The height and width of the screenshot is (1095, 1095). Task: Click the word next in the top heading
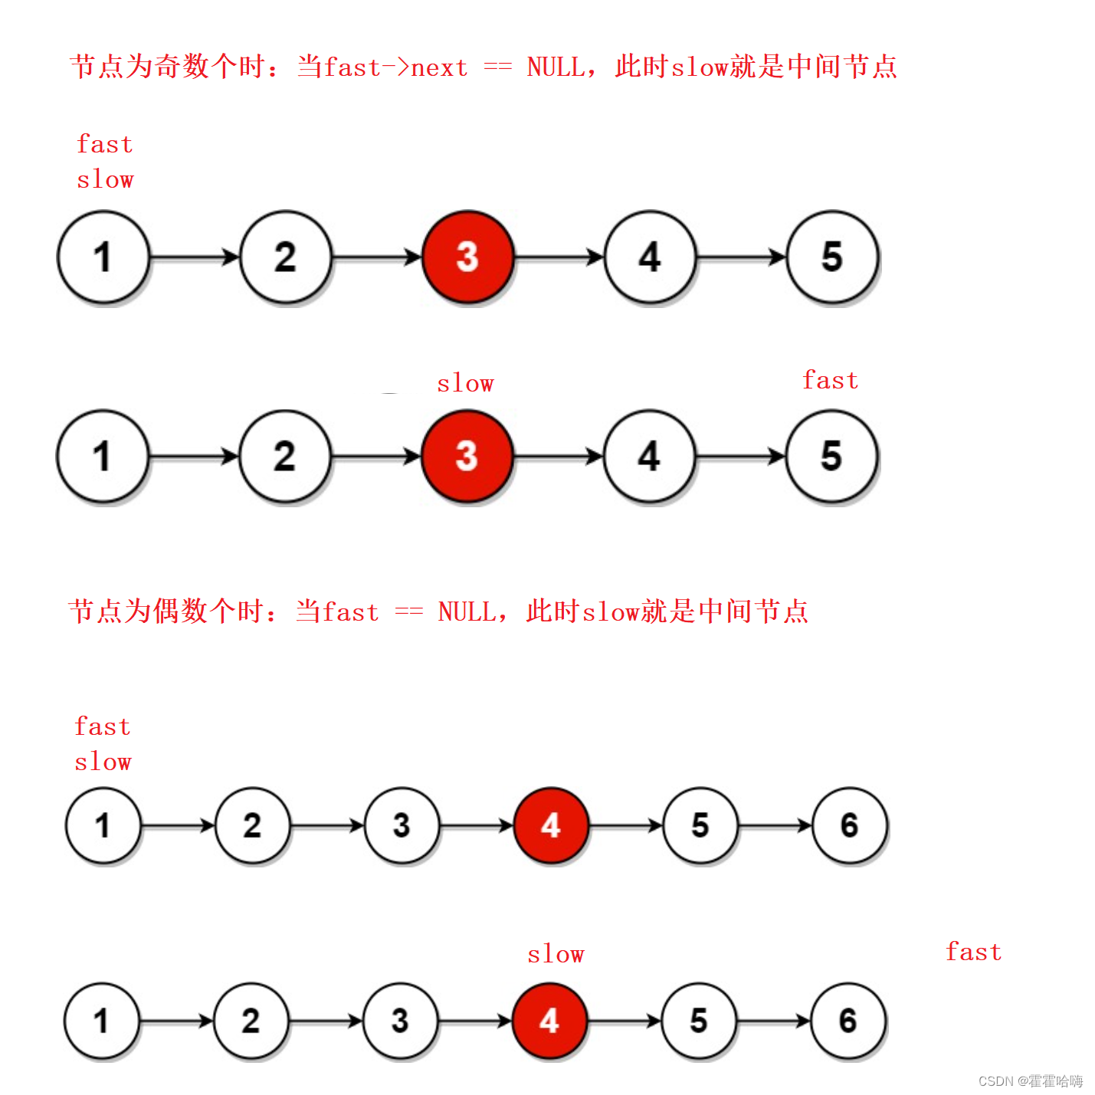coord(439,67)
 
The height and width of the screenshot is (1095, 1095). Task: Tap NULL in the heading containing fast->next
coord(556,67)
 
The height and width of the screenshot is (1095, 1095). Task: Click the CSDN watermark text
coord(1030,1080)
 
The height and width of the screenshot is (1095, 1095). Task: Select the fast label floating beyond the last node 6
coord(973,952)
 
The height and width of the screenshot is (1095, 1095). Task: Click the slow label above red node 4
coord(556,954)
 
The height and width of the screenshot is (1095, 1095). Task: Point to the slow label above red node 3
coord(465,383)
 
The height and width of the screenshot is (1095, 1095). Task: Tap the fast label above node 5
coord(830,380)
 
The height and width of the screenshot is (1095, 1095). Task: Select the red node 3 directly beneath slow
coord(467,456)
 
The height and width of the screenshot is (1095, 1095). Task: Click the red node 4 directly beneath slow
coord(549,1021)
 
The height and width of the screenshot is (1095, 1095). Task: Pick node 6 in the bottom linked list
coord(847,1021)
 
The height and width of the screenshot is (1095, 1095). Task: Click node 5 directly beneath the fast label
coord(831,456)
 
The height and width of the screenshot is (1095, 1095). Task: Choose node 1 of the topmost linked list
coord(103,257)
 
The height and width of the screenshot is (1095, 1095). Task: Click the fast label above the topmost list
coord(105,144)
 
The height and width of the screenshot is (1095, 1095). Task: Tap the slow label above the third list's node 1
coord(103,762)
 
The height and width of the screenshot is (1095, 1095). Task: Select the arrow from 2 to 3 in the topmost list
coord(376,257)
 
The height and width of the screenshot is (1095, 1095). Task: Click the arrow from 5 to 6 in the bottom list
coord(773,1021)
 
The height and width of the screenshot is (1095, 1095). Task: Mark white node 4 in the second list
coord(649,456)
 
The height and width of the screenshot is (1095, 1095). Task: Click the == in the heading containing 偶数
coord(409,611)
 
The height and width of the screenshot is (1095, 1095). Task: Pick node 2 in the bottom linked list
coord(251,1021)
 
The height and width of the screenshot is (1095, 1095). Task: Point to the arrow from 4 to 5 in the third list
coord(625,825)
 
